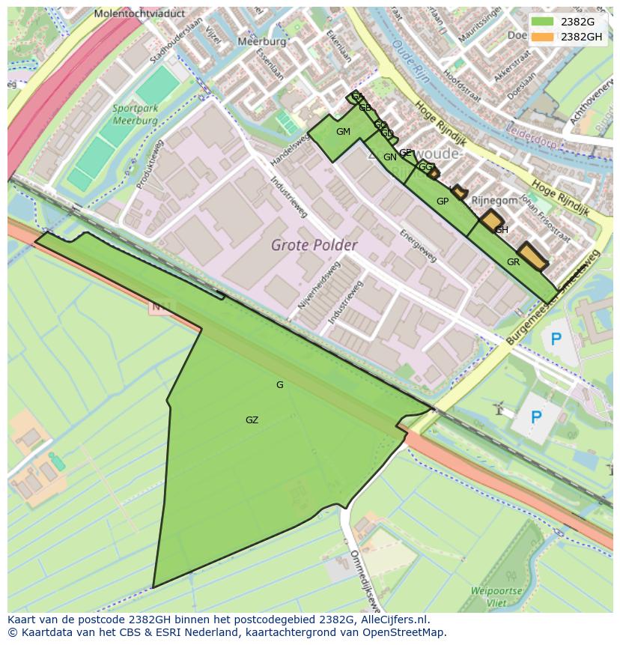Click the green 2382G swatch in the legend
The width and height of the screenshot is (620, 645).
[x=543, y=22]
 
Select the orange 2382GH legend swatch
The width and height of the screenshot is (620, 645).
[x=543, y=37]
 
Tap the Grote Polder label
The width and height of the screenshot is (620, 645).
[x=314, y=245]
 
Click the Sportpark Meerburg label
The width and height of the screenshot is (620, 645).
[x=135, y=114]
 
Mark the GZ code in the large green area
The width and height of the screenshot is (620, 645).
[x=252, y=420]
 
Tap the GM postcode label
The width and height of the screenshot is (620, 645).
[x=343, y=132]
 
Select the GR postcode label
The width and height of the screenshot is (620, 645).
[x=513, y=262]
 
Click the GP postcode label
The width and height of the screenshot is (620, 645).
[x=442, y=201]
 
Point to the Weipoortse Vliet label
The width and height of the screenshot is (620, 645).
[x=496, y=596]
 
